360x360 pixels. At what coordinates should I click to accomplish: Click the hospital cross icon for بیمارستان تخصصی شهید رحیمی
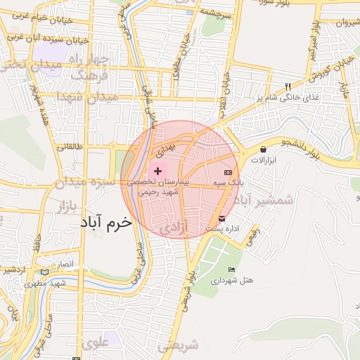pos(157,171)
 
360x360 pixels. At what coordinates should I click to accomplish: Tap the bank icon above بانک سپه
pos(227,172)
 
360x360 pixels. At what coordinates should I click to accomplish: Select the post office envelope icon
pos(222,218)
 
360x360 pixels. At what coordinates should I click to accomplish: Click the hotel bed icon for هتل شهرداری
pos(232,270)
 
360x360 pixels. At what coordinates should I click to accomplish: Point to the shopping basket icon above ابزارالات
pos(263,149)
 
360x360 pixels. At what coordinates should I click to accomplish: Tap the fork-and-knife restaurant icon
pos(287,87)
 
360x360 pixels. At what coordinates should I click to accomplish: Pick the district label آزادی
pos(174,228)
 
